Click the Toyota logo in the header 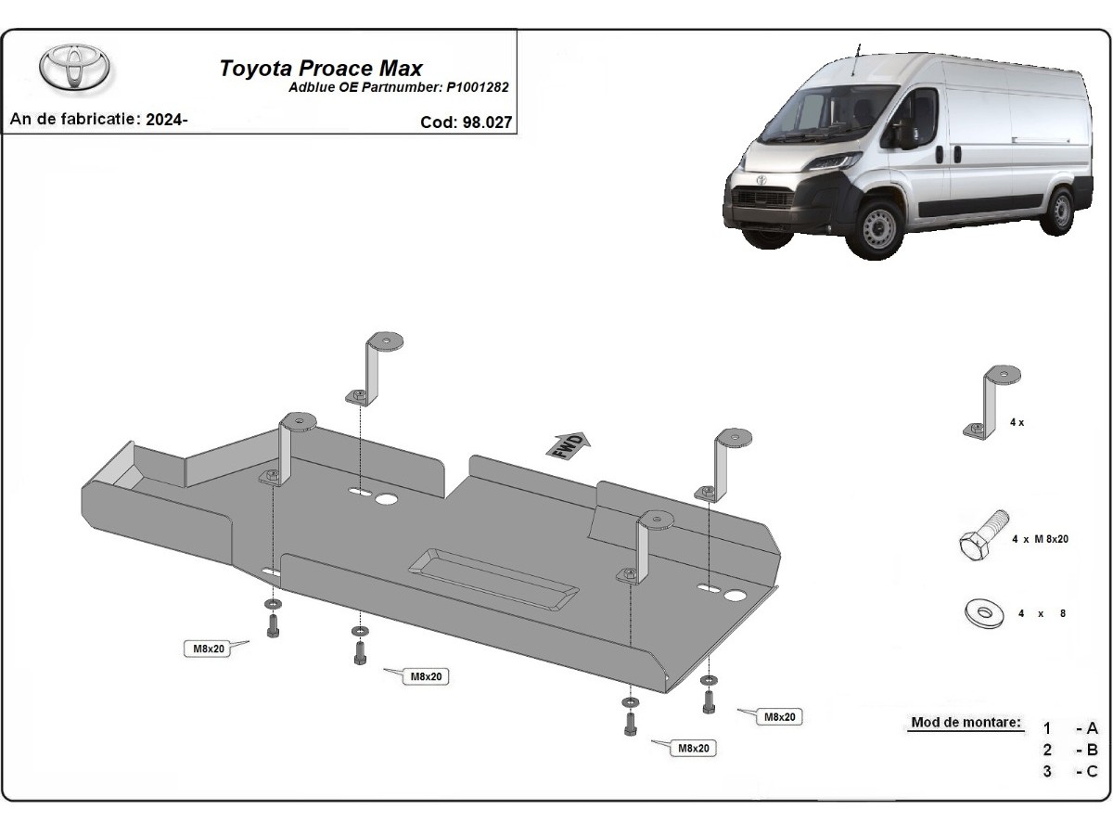[74, 69]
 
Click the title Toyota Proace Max [321, 69]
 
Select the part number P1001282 [477, 88]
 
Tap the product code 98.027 [487, 122]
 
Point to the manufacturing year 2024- [167, 120]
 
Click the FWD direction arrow [568, 446]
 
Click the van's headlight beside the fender [833, 161]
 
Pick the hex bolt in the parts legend [983, 535]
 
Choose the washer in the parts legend [984, 613]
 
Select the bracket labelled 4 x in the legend [991, 402]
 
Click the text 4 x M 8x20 [1040, 539]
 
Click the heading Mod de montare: [966, 722]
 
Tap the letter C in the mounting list [1092, 771]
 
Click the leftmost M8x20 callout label [209, 649]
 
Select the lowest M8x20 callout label [693, 748]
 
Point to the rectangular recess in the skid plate [493, 578]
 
